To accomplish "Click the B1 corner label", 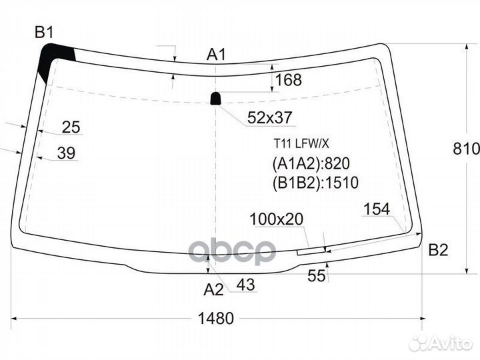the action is (x=45, y=32).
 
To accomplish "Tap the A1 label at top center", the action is (x=216, y=55).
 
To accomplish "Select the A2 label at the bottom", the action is (x=214, y=289).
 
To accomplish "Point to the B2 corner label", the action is (x=439, y=250).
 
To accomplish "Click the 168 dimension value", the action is (x=289, y=79).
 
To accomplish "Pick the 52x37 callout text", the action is (x=270, y=117).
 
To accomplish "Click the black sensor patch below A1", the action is (x=216, y=99).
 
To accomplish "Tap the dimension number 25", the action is (x=71, y=127).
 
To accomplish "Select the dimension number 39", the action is (x=67, y=153).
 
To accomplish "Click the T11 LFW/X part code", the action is (x=301, y=143).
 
